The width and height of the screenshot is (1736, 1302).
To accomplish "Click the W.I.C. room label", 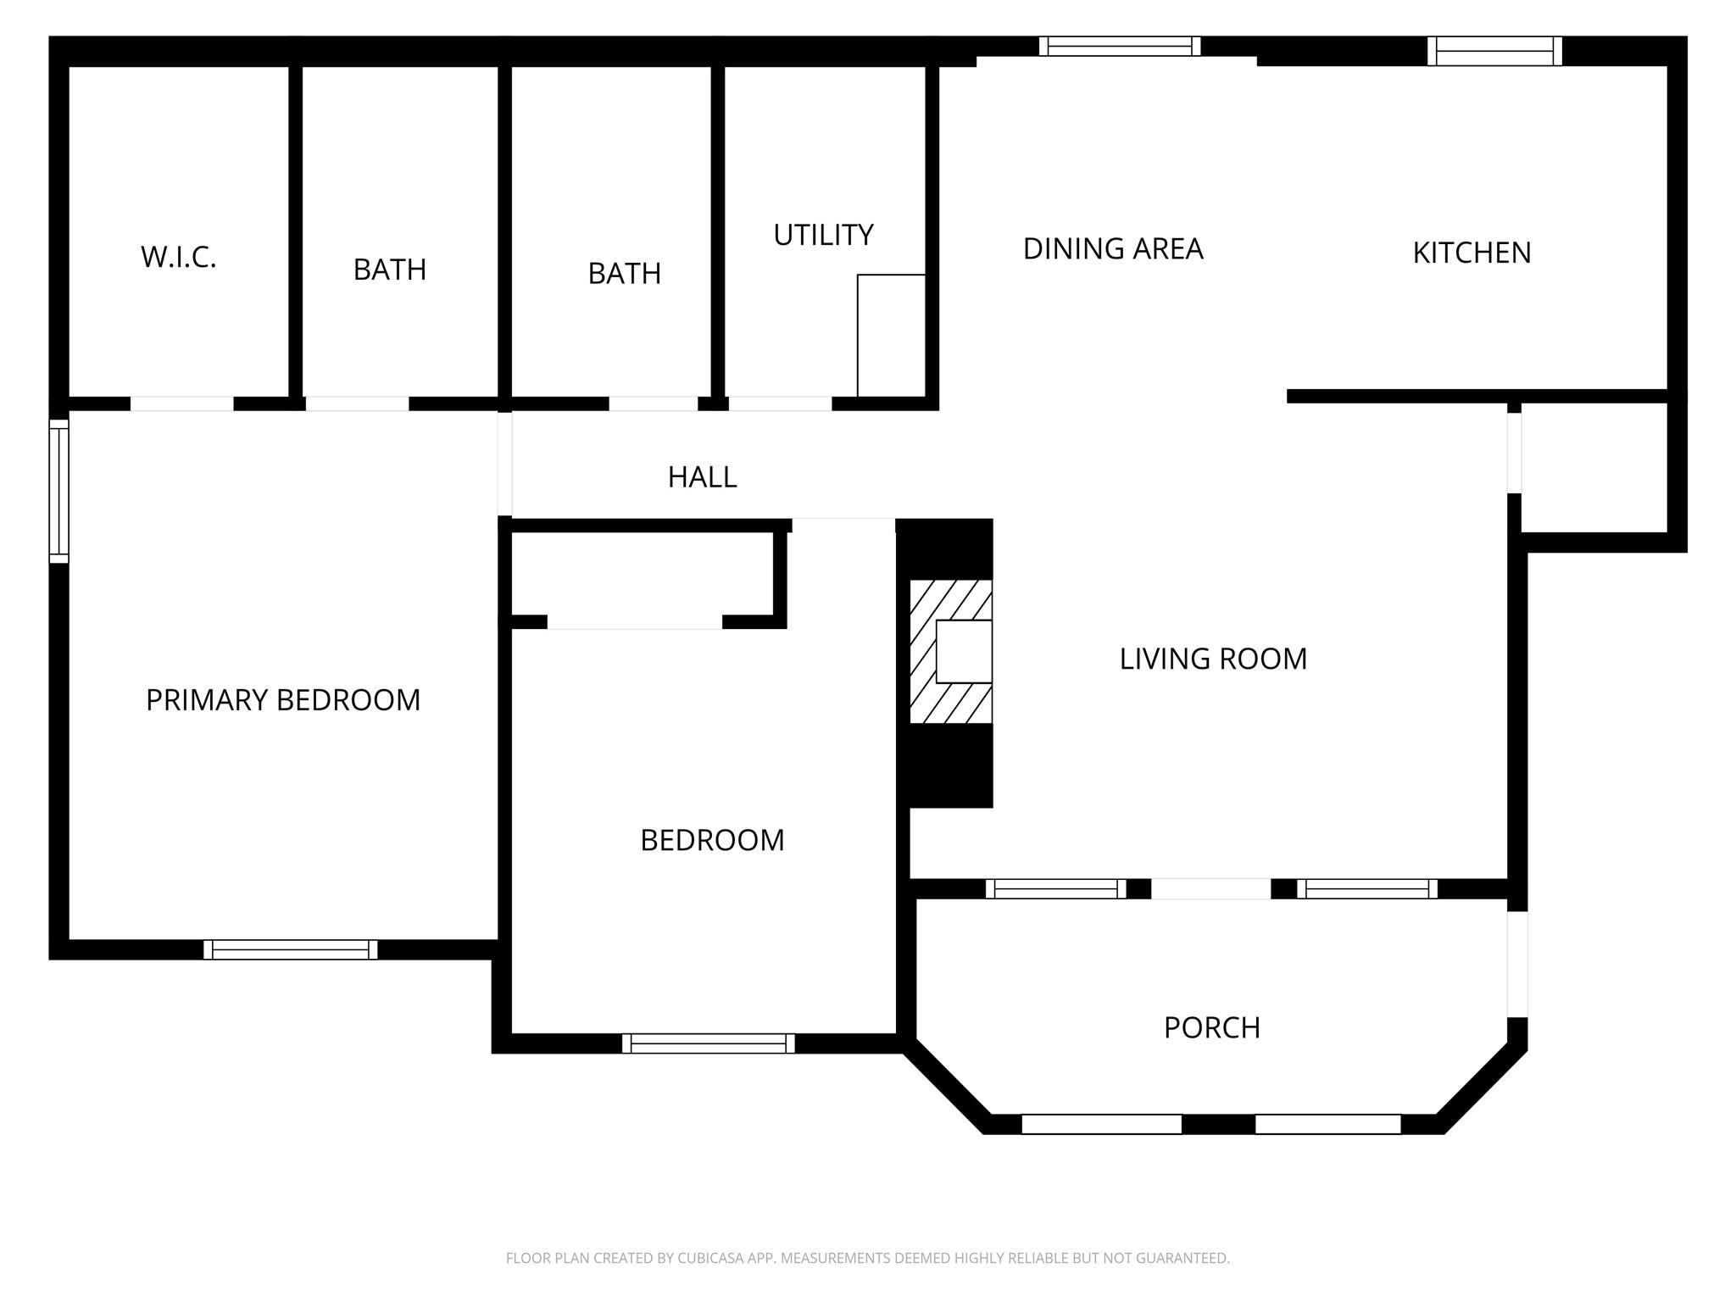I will click(x=179, y=257).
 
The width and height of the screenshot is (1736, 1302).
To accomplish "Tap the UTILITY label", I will click(x=823, y=235).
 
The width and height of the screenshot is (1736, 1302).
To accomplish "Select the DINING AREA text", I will click(x=1113, y=248).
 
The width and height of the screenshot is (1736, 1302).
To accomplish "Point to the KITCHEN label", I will click(x=1472, y=253).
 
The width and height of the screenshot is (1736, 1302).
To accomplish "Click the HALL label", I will click(x=702, y=477).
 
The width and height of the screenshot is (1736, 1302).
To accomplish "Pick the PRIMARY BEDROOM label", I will click(x=283, y=700).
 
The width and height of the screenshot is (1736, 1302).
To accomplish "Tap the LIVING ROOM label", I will click(x=1213, y=659).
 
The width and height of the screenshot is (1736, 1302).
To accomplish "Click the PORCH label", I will click(x=1211, y=1027).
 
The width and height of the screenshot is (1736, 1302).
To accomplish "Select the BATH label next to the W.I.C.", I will click(x=390, y=270).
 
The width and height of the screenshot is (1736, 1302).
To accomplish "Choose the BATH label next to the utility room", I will click(x=625, y=273).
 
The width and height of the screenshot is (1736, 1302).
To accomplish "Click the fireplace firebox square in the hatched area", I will click(x=964, y=651).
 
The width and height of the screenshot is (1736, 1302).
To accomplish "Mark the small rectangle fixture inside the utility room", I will click(x=891, y=336).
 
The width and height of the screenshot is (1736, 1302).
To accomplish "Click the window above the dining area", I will click(x=1120, y=47).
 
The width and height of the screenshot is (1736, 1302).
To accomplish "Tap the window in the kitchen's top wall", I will click(x=1494, y=51).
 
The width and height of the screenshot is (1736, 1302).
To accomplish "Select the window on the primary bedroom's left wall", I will click(x=58, y=492).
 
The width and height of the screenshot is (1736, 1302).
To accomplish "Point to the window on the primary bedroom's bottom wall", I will click(x=291, y=949).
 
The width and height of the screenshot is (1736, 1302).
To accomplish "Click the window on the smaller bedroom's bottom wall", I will click(x=709, y=1043).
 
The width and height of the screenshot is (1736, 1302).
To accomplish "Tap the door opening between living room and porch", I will click(x=1210, y=888).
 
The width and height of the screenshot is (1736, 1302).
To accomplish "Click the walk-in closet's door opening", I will click(x=181, y=403).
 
